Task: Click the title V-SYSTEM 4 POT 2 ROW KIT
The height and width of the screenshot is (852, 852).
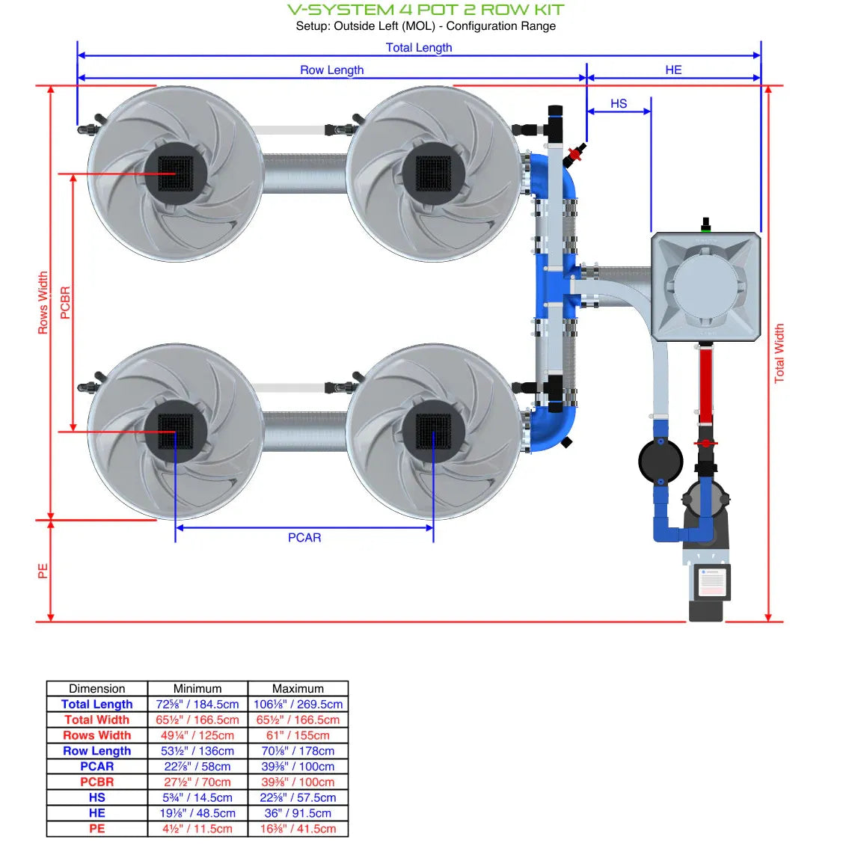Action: pos(426,10)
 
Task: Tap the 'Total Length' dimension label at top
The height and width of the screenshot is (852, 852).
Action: pos(418,47)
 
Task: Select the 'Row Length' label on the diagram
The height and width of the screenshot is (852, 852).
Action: pos(331,70)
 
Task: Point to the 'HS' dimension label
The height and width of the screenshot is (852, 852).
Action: pos(619,103)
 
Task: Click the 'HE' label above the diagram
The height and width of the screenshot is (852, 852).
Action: pos(673,70)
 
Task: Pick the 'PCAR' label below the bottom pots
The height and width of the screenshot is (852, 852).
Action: pos(304,537)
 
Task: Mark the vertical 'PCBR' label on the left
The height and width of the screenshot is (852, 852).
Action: pos(65,302)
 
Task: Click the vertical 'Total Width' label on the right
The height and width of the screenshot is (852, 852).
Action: pos(779,354)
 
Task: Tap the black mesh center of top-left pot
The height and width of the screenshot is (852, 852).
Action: pos(176,173)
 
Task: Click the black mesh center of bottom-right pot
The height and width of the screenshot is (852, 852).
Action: pos(434,432)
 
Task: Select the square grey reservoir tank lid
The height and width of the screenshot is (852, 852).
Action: pos(706,285)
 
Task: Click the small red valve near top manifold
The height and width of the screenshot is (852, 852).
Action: pos(574,155)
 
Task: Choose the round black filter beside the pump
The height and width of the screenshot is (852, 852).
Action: pos(660,462)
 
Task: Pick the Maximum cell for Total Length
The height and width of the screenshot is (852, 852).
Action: pos(298,704)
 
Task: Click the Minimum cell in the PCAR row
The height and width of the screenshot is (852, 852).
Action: pos(197,766)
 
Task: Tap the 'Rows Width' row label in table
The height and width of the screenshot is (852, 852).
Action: pos(96,735)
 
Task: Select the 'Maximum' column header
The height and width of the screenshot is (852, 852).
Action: pos(298,688)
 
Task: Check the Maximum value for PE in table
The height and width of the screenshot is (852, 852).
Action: pos(298,829)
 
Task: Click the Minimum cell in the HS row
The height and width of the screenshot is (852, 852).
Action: pos(197,797)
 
